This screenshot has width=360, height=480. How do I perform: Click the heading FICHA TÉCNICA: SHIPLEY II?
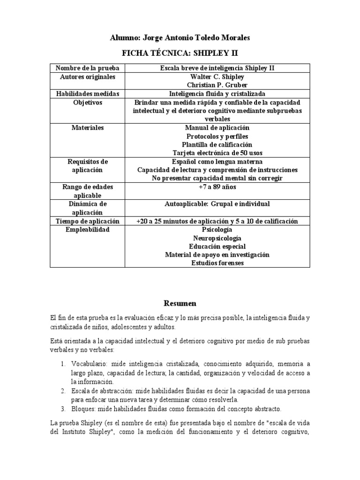[180, 52]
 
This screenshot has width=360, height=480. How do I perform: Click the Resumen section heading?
[180, 303]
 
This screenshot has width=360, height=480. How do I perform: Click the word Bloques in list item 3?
[83, 408]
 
